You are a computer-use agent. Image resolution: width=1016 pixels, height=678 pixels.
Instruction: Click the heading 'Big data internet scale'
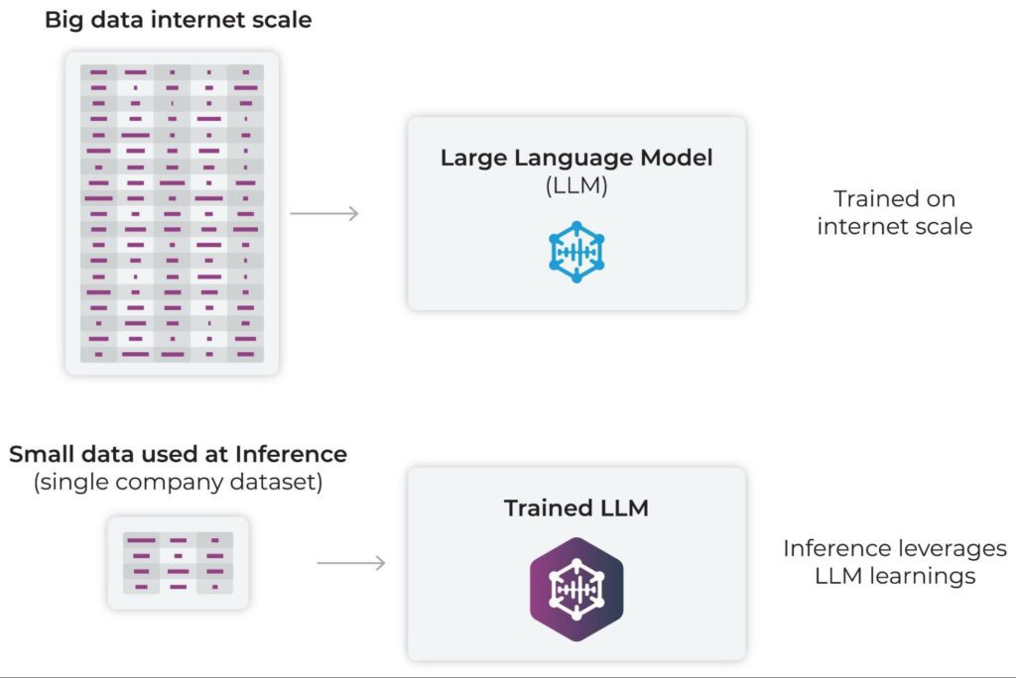(178, 20)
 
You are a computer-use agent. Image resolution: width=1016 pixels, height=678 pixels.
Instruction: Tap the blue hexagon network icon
(576, 252)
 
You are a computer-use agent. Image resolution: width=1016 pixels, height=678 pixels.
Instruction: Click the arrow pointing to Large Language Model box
(324, 213)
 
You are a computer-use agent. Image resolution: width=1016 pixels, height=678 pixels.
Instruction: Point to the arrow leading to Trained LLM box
(351, 563)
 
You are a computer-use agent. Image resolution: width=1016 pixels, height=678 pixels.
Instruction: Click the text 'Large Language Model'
(576, 158)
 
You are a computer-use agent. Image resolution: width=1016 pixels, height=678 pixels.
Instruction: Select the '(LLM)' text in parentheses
(576, 184)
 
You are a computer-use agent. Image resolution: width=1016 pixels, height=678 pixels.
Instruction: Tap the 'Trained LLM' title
(576, 508)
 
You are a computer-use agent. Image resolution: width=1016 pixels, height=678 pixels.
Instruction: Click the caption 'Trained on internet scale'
(894, 212)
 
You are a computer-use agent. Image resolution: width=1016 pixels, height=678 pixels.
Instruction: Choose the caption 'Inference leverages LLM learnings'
(894, 562)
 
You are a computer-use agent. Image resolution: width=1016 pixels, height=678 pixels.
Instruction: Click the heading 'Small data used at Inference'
(178, 455)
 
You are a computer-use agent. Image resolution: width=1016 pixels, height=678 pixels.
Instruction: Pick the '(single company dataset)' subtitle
(178, 483)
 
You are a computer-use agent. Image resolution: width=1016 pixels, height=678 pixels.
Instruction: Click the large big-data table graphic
(172, 213)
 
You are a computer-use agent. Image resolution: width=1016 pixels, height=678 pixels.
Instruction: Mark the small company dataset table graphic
(178, 562)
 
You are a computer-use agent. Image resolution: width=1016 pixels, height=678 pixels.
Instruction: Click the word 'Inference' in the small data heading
(293, 455)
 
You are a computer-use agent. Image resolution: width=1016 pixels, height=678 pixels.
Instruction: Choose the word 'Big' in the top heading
(62, 20)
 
